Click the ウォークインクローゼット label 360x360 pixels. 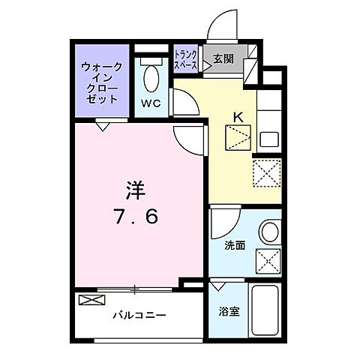coord(103,82)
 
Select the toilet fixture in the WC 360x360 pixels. coord(151,77)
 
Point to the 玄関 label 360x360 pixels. coord(223,59)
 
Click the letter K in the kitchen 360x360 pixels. coord(238,116)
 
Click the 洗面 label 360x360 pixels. coord(233,245)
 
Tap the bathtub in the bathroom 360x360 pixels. coord(265,313)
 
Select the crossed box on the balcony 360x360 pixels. coord(88,302)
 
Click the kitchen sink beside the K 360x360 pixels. coord(268,139)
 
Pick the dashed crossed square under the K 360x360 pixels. coord(238,139)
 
